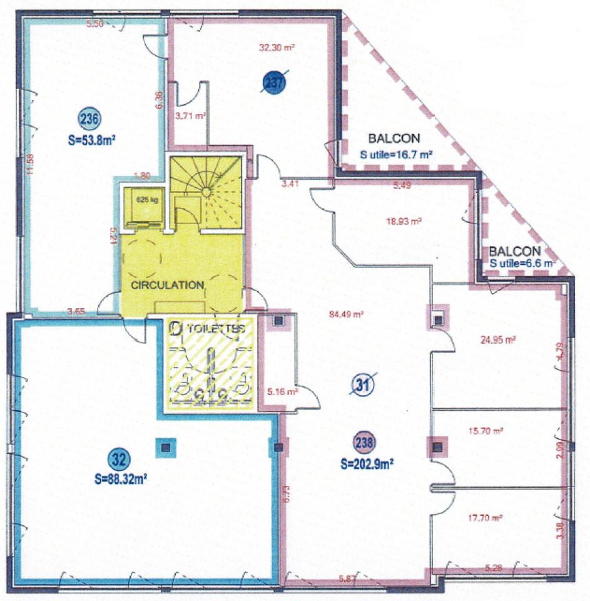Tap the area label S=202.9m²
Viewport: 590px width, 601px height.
point(367,464)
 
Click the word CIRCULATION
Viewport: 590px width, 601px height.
point(167,285)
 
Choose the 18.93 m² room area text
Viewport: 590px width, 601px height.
point(404,221)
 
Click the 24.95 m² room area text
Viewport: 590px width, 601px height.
point(499,340)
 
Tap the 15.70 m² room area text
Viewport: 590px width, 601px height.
point(487,431)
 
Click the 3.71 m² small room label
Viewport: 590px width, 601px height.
point(191,115)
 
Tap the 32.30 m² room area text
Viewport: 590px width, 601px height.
point(277,47)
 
